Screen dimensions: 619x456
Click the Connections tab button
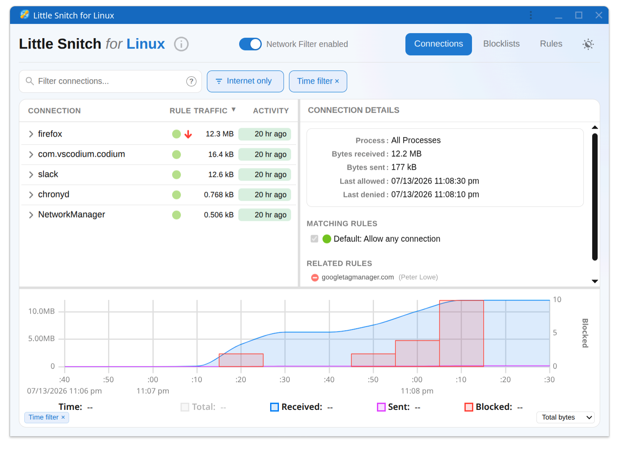point(438,44)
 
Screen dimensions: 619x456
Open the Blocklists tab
point(501,44)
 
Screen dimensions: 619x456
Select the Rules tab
point(551,44)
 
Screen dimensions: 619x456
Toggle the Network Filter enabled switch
point(250,44)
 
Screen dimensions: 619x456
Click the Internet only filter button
point(245,81)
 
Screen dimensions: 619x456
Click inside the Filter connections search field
point(111,81)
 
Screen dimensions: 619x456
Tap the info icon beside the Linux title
point(181,44)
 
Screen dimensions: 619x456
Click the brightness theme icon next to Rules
point(588,44)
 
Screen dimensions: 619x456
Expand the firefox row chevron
point(31,134)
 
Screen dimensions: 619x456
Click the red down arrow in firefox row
point(188,134)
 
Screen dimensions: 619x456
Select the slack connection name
point(48,174)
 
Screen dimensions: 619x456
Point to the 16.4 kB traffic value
point(221,154)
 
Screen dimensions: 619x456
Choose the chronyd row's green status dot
point(176,194)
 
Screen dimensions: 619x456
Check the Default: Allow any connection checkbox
point(314,238)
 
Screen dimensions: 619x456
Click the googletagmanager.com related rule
point(358,277)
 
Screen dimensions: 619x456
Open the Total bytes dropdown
point(565,417)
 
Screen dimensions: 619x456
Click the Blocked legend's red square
point(469,407)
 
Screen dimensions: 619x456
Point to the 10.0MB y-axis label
point(41,311)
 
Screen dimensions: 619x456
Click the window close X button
point(598,15)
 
